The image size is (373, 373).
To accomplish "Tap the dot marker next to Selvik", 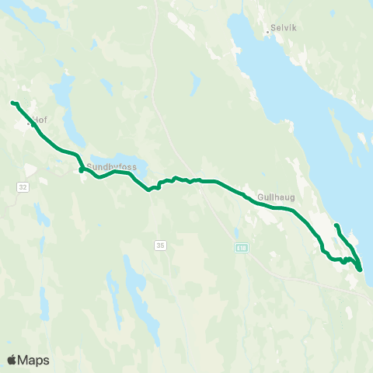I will (267, 32).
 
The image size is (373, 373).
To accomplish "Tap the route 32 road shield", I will (23, 186).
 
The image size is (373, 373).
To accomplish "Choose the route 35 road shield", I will (161, 245).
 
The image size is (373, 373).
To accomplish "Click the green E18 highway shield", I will (242, 247).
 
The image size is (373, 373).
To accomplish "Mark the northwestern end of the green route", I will (12, 103).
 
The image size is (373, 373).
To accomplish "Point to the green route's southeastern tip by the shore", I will (360, 269).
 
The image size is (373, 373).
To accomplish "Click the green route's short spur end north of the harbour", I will (336, 225).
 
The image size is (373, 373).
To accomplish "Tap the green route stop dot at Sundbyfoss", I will (81, 169).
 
